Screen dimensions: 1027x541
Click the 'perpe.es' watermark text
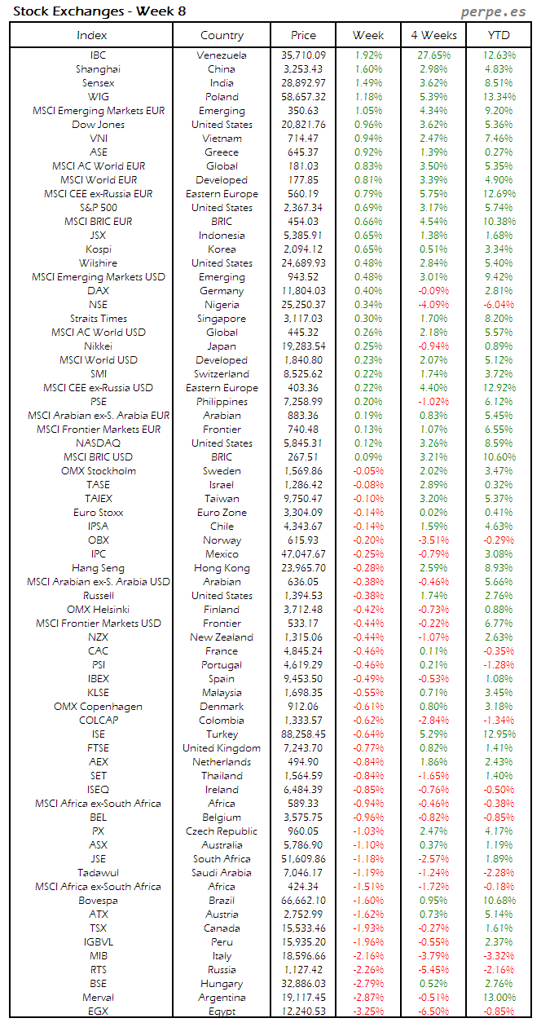click(x=495, y=11)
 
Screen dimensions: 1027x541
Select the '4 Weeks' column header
click(x=433, y=35)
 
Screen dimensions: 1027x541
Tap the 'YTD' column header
click(x=499, y=35)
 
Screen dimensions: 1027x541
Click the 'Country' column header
click(x=222, y=35)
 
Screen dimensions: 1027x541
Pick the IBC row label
click(x=98, y=55)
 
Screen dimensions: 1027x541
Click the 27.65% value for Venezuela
click(x=433, y=55)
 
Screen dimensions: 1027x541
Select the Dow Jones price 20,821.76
click(x=302, y=125)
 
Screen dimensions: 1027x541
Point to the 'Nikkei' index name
click(x=98, y=346)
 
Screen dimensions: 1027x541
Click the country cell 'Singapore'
click(x=222, y=319)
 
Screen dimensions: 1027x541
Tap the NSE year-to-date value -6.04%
click(x=499, y=305)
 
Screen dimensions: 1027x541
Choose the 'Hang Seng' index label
click(x=98, y=568)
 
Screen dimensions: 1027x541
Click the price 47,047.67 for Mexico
click(x=302, y=554)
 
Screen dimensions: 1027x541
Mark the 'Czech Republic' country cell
click(x=222, y=831)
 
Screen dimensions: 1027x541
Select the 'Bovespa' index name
click(x=98, y=901)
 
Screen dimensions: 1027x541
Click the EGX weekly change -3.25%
click(x=368, y=1012)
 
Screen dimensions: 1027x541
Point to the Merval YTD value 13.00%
click(x=499, y=998)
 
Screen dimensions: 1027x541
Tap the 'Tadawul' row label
click(x=98, y=873)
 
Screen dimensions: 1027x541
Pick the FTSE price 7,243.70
click(x=302, y=748)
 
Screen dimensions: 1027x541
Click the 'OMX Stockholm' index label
click(x=98, y=471)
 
